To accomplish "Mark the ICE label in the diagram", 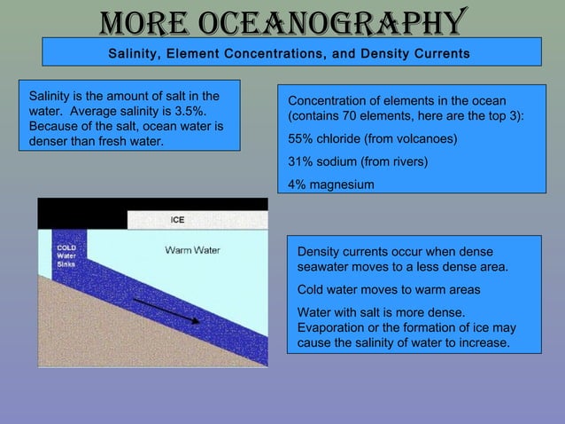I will pyautogui.click(x=177, y=220).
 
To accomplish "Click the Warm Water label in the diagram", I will pyautogui.click(x=192, y=250).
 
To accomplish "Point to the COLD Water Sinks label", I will pyautogui.click(x=67, y=255).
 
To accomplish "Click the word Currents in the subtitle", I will pyautogui.click(x=440, y=54).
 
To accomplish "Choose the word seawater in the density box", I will pyautogui.click(x=327, y=267).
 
